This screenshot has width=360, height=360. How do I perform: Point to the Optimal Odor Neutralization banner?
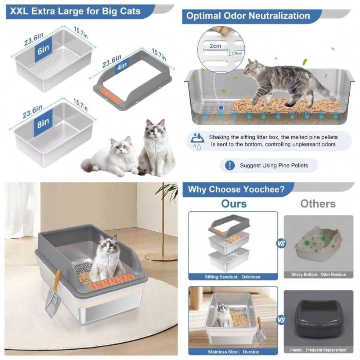point(248,16)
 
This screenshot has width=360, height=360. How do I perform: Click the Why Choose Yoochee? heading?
point(236,189)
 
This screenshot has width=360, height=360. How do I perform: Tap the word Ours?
point(234,204)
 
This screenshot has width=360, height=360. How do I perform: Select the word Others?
point(318,204)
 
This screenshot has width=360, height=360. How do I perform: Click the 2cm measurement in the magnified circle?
point(216,46)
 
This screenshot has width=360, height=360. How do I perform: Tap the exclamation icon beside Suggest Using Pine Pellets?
point(230,165)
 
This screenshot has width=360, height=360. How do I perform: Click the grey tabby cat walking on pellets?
point(286,80)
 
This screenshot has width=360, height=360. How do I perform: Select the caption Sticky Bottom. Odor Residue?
point(318,274)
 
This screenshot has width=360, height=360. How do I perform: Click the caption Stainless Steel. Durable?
point(234,352)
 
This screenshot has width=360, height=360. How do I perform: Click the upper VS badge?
point(281,243)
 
